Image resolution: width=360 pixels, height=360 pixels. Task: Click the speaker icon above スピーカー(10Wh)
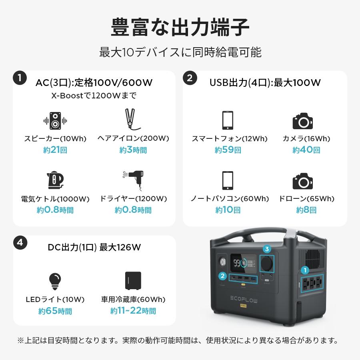click(x=55, y=120)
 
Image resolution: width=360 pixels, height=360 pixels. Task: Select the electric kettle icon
click(x=55, y=180)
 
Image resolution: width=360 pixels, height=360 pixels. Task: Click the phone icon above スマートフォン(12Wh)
click(x=227, y=120)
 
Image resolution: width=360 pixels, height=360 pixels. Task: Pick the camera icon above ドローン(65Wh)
click(x=302, y=181)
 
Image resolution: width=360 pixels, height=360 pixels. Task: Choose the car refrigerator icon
click(x=133, y=281)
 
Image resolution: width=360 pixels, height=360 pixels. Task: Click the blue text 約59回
click(x=228, y=150)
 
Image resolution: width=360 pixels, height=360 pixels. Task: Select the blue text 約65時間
click(x=55, y=311)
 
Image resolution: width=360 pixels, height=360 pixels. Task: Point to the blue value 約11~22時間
click(x=133, y=311)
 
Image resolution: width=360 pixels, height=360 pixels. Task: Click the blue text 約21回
click(x=55, y=150)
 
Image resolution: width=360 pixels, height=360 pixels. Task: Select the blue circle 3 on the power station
click(x=266, y=249)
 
